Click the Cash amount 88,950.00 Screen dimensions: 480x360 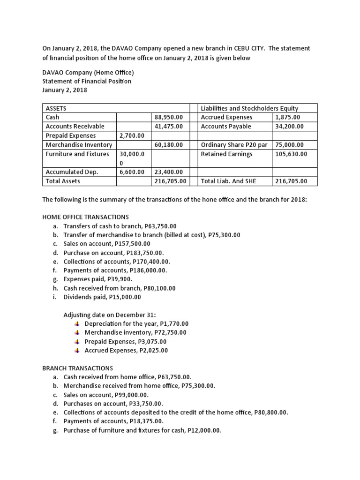point(169,117)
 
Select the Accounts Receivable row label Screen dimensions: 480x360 point(75,127)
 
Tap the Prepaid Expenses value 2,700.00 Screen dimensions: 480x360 point(132,135)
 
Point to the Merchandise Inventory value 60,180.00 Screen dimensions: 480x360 point(169,145)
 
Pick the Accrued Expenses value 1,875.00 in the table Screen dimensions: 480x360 point(288,117)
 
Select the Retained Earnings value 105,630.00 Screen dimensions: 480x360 point(291,154)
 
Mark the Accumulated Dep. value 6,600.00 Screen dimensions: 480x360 point(132,172)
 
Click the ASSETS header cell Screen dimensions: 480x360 point(56,108)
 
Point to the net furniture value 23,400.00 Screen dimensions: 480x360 point(169,172)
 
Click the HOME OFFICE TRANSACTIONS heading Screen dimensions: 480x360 point(85,217)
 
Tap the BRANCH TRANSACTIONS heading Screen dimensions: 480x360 point(77,368)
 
